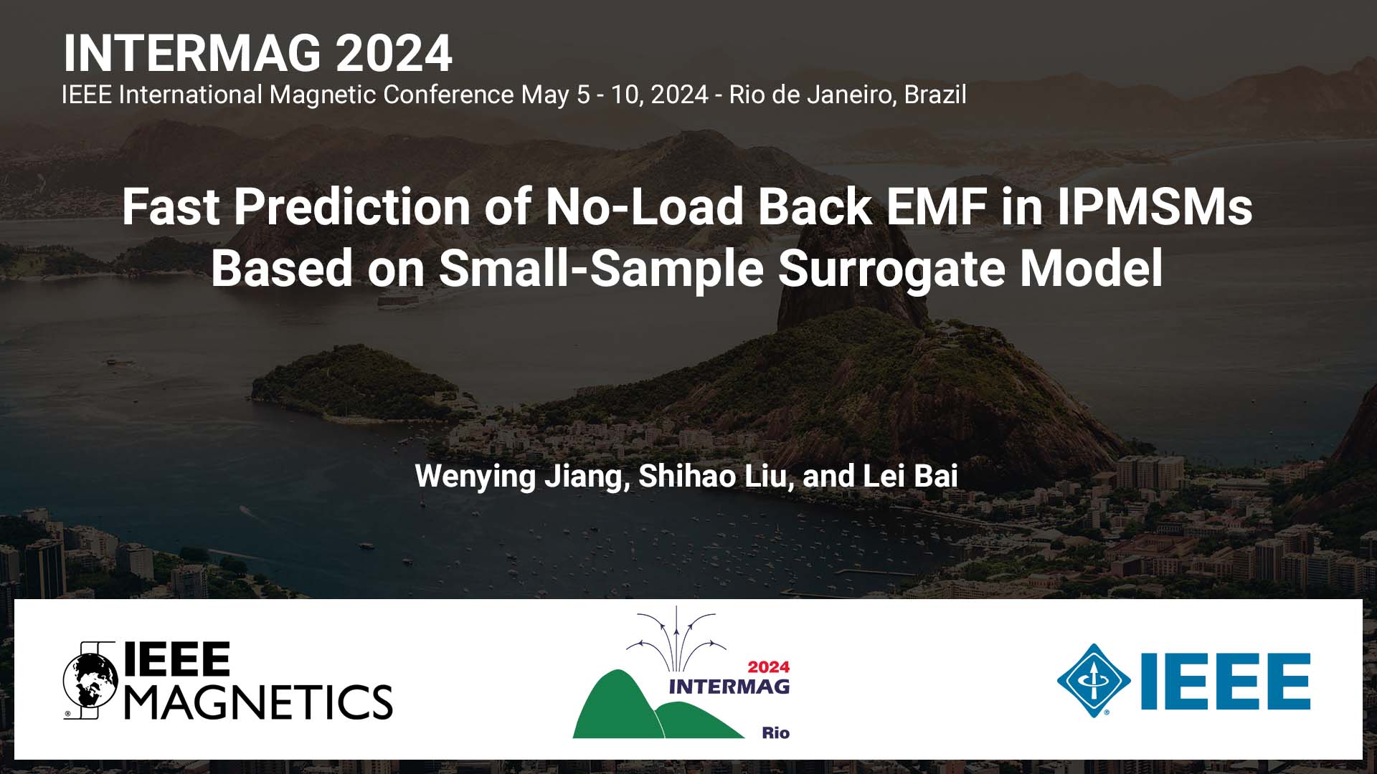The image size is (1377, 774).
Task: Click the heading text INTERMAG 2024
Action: [x=257, y=54]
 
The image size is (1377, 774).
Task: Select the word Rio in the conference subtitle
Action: [x=747, y=95]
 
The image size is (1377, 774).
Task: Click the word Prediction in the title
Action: [x=352, y=207]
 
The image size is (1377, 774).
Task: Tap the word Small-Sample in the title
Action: [x=601, y=269]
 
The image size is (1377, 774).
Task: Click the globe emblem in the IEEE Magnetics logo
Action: [x=90, y=680]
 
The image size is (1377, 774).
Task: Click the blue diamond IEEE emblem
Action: [x=1093, y=680]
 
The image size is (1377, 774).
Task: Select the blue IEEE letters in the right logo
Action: [x=1226, y=681]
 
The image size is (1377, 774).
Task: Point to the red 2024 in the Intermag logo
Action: [x=768, y=667]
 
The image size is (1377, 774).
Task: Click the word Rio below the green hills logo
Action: [x=775, y=732]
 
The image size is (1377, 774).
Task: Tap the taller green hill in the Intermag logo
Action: [x=613, y=706]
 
